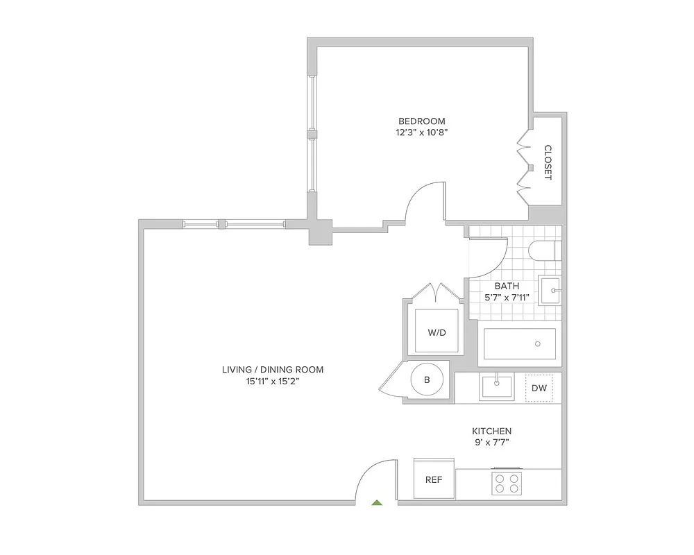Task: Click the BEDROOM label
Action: (x=422, y=121)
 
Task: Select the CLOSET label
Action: (x=548, y=162)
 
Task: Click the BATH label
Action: (x=507, y=286)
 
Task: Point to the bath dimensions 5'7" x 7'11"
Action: (x=507, y=298)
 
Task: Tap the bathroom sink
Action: (x=550, y=291)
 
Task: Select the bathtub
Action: (x=519, y=343)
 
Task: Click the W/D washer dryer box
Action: (x=437, y=332)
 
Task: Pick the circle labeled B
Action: (x=427, y=379)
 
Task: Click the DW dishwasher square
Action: (x=539, y=388)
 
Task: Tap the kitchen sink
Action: (x=496, y=387)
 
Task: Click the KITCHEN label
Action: (x=492, y=431)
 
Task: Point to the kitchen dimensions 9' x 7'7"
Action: (x=492, y=443)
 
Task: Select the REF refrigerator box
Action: (x=434, y=479)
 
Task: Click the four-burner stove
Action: (x=507, y=482)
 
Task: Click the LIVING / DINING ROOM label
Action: (x=273, y=370)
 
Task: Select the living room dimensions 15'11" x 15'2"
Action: (x=273, y=382)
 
